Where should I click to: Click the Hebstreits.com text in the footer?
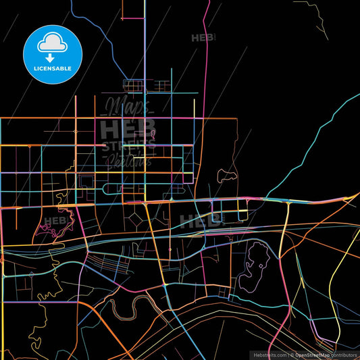pyautogui.click(x=269, y=355)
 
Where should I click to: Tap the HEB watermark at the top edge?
pyautogui.click(x=203, y=38)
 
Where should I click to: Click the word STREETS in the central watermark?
pyautogui.click(x=128, y=145)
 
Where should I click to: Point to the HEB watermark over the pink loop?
pyautogui.click(x=56, y=220)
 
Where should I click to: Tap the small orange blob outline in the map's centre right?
pyautogui.click(x=227, y=177)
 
